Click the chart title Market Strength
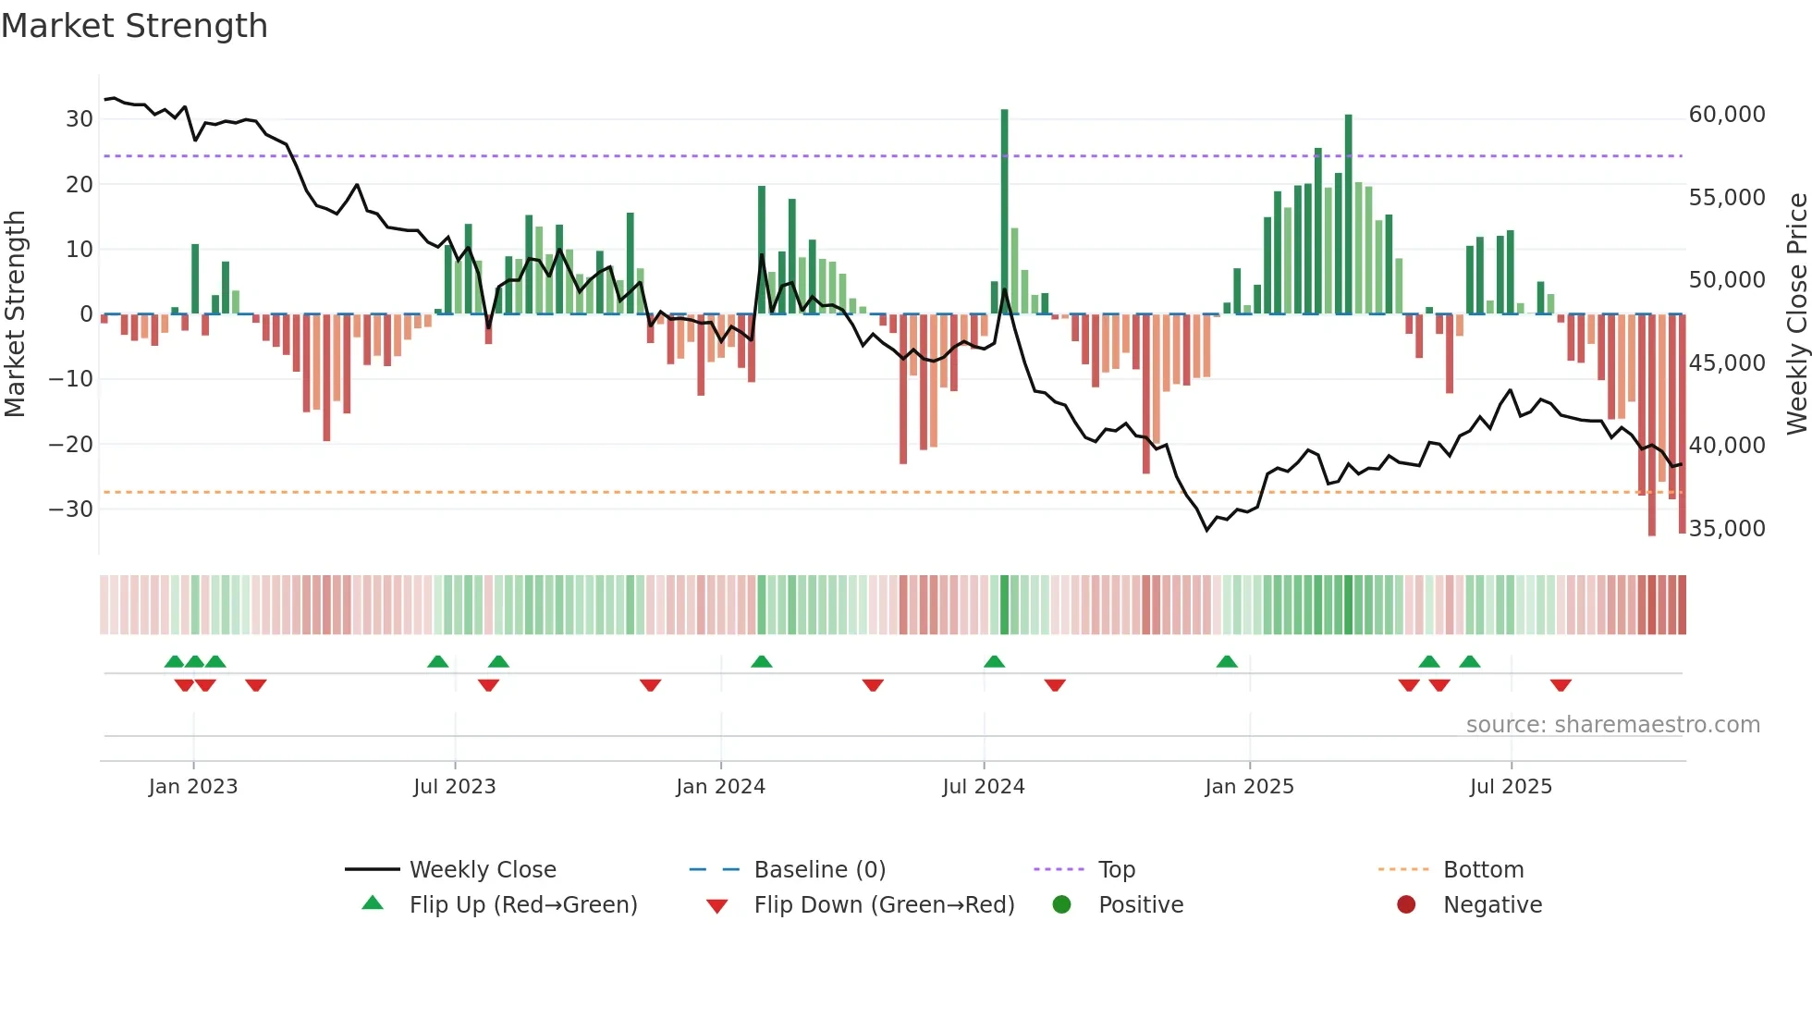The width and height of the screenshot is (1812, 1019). [134, 26]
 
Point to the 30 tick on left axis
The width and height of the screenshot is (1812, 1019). [80, 119]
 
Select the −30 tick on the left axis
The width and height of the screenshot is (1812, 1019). [71, 509]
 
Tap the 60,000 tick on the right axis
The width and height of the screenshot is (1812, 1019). [1726, 115]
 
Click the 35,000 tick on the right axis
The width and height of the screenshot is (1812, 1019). [1726, 529]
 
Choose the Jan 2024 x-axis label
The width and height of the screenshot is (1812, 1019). [720, 787]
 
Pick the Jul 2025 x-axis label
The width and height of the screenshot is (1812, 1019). [1511, 787]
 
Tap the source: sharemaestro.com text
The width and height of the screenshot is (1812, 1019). [1612, 725]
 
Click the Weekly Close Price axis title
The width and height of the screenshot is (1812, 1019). [1796, 314]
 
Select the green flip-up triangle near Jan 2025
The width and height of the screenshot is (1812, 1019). [1227, 662]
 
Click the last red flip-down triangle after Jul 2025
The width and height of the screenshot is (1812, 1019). [1561, 685]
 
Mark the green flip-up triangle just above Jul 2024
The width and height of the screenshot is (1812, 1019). [994, 662]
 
